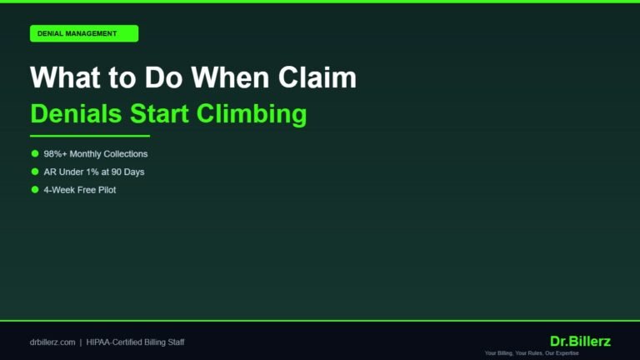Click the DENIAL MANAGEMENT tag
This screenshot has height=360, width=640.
coord(83,33)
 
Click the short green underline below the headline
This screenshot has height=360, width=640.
coord(89,136)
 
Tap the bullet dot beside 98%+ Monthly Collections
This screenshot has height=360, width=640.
coord(35,153)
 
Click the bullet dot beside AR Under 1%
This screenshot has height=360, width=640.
coord(35,172)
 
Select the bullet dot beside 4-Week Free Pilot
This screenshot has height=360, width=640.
coord(35,190)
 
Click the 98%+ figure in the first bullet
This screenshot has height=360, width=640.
coord(57,154)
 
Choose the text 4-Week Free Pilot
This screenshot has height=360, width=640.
coord(79,190)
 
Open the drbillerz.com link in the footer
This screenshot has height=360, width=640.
coord(52,342)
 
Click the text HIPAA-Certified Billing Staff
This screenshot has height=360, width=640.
coord(135,342)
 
